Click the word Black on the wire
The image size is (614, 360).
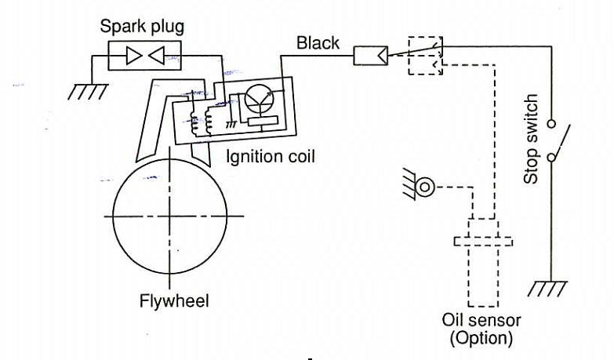[318, 42]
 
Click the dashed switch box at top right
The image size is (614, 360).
[425, 55]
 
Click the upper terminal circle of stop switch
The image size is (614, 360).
[552, 124]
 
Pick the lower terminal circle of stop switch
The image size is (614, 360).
[552, 158]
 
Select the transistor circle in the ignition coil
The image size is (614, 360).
[259, 98]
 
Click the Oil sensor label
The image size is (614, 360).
[481, 321]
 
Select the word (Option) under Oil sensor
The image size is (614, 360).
[481, 338]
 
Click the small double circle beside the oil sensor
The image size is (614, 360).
[426, 187]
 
